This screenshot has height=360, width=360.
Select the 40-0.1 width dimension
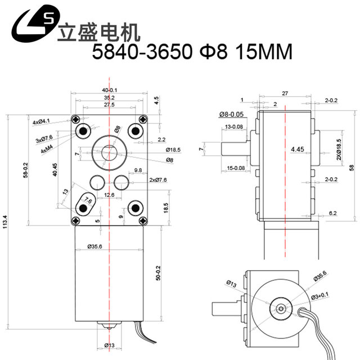pos(110,90)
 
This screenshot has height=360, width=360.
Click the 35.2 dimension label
pos(110,97)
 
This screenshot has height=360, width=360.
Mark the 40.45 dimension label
pos(54,170)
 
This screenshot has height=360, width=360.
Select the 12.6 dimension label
pos(109,195)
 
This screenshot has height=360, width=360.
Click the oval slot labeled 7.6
pos(85,206)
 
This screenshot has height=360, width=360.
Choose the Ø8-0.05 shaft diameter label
pos(231,114)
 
